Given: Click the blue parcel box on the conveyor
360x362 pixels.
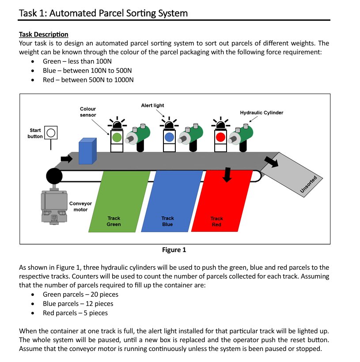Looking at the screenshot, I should coord(87,151).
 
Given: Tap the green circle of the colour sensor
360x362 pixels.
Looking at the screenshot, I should coord(117,137).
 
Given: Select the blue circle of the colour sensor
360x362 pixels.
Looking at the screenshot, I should coord(169,137).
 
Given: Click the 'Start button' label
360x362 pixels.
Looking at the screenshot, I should coord(35,133).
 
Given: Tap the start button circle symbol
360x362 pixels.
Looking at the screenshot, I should coord(51,133).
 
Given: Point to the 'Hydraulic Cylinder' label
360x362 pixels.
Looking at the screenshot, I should coord(261,113).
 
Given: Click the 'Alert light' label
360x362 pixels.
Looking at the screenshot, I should coord(152,106).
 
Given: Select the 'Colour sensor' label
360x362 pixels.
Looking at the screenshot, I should coord(87,112).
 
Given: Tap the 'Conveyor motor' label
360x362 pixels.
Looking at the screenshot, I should coord(80,207).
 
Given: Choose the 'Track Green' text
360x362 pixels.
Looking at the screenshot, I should coord(114,221).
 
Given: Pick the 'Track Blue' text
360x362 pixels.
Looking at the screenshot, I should coord(167,221).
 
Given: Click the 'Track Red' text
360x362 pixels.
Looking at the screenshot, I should coord(216,222).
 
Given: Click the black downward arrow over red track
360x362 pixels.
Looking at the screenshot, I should coord(227,174).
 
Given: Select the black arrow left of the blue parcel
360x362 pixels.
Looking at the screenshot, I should coord(66,158).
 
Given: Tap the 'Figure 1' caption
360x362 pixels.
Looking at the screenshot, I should coord(174,250).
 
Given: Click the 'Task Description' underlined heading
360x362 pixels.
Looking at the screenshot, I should coord(44,34).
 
